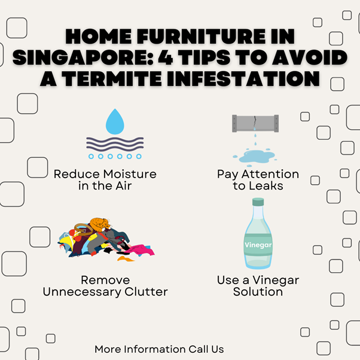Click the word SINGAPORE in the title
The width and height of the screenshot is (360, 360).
point(83,57)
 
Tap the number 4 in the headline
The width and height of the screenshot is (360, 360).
point(165,57)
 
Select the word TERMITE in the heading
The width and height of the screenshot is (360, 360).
point(112,78)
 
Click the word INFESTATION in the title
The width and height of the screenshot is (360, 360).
point(243,78)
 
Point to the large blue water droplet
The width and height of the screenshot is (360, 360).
point(115,123)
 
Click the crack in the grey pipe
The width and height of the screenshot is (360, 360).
point(255,121)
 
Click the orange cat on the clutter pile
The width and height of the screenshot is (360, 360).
point(100,224)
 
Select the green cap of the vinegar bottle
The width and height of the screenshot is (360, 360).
point(258,202)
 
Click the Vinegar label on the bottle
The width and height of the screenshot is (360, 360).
point(258,245)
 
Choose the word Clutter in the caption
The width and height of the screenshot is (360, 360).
point(146,292)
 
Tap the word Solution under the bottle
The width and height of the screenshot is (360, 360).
point(258,292)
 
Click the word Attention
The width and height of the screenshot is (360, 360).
point(270,174)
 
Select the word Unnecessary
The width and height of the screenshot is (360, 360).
point(83,292)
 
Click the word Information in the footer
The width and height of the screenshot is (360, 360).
point(155,349)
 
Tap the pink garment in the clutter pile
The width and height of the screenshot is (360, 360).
point(141,250)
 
